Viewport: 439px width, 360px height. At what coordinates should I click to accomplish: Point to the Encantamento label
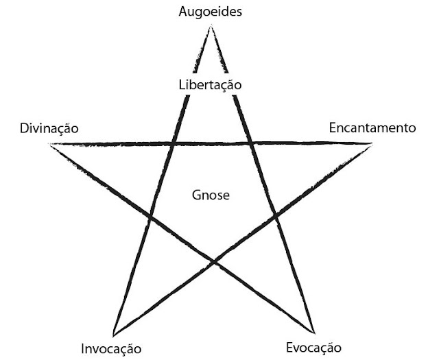[x=372, y=128]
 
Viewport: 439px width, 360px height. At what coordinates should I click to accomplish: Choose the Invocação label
[x=111, y=348]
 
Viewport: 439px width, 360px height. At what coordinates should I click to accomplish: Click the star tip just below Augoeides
[x=211, y=27]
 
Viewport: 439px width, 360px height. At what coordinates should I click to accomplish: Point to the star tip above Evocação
[x=313, y=332]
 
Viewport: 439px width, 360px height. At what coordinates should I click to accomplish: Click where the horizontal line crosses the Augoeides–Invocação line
[x=171, y=144]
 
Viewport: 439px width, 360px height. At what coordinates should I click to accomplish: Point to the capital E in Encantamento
[x=332, y=128]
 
